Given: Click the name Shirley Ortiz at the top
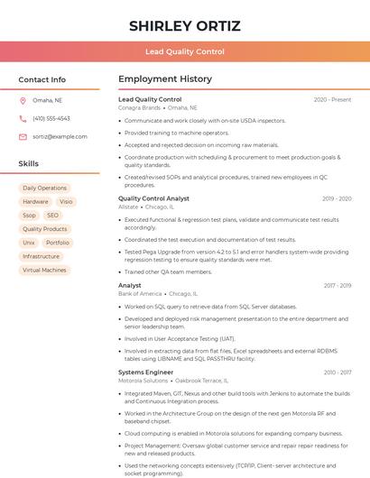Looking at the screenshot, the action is click(184, 25).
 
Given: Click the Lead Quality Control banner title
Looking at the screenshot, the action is click(185, 52).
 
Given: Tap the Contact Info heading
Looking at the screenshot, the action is click(42, 79).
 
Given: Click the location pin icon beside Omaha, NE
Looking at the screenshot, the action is click(23, 100).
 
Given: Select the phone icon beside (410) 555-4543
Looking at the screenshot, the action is click(23, 118).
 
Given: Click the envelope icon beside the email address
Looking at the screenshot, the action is click(23, 136).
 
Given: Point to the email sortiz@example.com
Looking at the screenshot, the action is click(60, 136).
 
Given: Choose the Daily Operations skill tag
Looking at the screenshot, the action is click(45, 188).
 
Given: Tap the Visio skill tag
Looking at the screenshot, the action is click(66, 202).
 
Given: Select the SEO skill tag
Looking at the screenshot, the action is click(52, 216).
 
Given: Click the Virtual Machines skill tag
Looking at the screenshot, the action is click(44, 270).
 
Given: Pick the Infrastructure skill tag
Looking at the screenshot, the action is click(42, 256).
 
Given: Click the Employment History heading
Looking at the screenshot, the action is click(165, 79).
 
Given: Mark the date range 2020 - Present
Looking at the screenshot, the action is click(332, 99).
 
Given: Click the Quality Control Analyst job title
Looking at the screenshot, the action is click(153, 198).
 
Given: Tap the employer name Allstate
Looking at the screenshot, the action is click(128, 207).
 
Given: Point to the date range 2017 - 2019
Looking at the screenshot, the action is click(337, 286).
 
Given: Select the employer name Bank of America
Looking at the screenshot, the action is click(140, 294).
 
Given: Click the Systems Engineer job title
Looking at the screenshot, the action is click(145, 372).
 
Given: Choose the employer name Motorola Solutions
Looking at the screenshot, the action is click(143, 381).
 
